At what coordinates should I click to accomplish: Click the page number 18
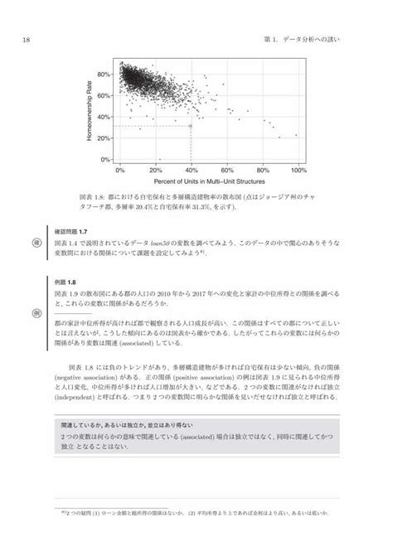pos(27,39)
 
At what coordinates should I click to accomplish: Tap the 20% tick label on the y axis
pos(104,138)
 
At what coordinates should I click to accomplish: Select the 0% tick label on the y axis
pos(105,160)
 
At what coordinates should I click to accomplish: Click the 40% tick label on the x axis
pos(192,171)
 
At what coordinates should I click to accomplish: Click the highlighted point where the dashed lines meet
pos(192,126)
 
